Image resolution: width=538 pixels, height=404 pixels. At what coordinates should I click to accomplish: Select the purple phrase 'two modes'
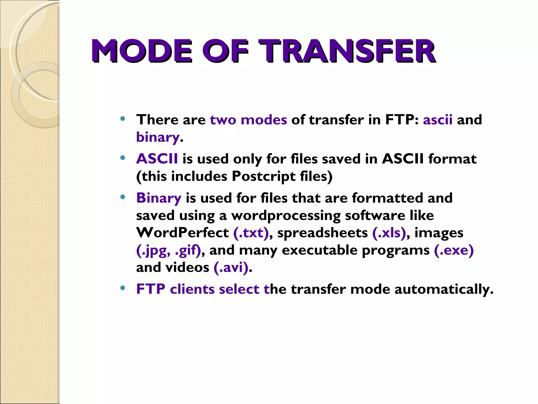[x=248, y=120]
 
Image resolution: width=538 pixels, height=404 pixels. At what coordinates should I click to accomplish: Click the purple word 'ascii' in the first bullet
[x=438, y=120]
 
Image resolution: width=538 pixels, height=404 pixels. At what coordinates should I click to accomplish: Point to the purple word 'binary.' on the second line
[x=158, y=137]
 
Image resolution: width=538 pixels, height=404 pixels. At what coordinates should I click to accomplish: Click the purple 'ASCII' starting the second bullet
[x=157, y=159]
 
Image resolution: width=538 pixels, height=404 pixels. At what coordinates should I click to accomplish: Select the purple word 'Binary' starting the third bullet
[x=159, y=198]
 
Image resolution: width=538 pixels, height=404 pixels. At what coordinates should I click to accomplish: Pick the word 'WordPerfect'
[x=182, y=233]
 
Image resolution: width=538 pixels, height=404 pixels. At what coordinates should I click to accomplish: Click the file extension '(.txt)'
[x=251, y=233]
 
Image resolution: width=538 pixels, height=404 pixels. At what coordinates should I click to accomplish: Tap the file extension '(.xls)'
[x=389, y=233]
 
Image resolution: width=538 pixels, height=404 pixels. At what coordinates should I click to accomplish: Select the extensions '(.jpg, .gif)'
[x=168, y=250]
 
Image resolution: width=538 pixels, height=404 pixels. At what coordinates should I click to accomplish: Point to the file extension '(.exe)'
[x=454, y=250]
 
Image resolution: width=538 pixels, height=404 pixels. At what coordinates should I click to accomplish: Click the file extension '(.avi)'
[x=231, y=267]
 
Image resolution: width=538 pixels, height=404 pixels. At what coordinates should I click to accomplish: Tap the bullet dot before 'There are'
[x=122, y=119]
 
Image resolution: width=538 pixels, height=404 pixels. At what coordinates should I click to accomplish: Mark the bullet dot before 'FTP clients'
[x=122, y=288]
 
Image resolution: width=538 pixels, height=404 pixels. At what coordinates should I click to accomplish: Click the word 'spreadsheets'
[x=322, y=233]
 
